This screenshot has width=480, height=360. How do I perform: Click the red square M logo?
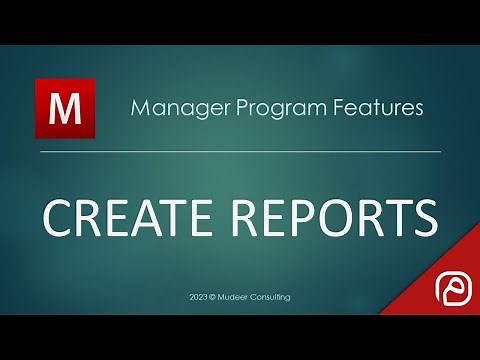[65, 109]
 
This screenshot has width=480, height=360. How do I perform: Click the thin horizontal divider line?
[240, 151]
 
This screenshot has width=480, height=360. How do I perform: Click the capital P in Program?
[226, 107]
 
